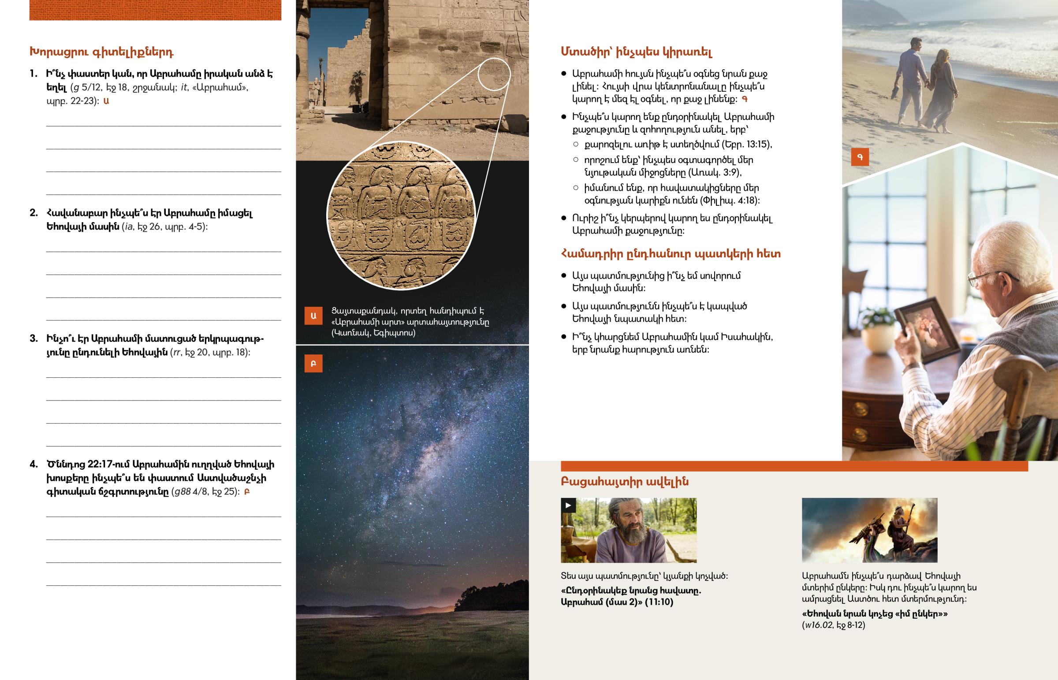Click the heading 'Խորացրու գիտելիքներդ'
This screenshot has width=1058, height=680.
101,52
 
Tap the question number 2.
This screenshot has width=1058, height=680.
34,213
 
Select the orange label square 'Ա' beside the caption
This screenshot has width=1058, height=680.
313,316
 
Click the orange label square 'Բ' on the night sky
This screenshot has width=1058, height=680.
313,364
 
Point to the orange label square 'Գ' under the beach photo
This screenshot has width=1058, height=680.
859,157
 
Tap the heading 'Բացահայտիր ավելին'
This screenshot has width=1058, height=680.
624,482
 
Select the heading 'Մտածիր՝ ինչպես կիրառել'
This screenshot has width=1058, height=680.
636,52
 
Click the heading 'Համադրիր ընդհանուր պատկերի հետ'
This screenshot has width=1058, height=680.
671,254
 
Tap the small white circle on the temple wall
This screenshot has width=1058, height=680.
494,74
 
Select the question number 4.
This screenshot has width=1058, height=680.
34,464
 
